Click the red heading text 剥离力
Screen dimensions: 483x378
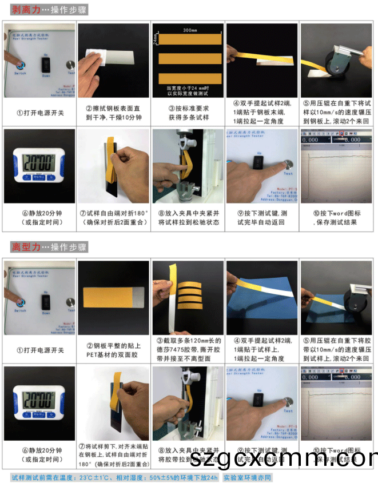23,10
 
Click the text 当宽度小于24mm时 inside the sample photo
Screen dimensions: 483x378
188,88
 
